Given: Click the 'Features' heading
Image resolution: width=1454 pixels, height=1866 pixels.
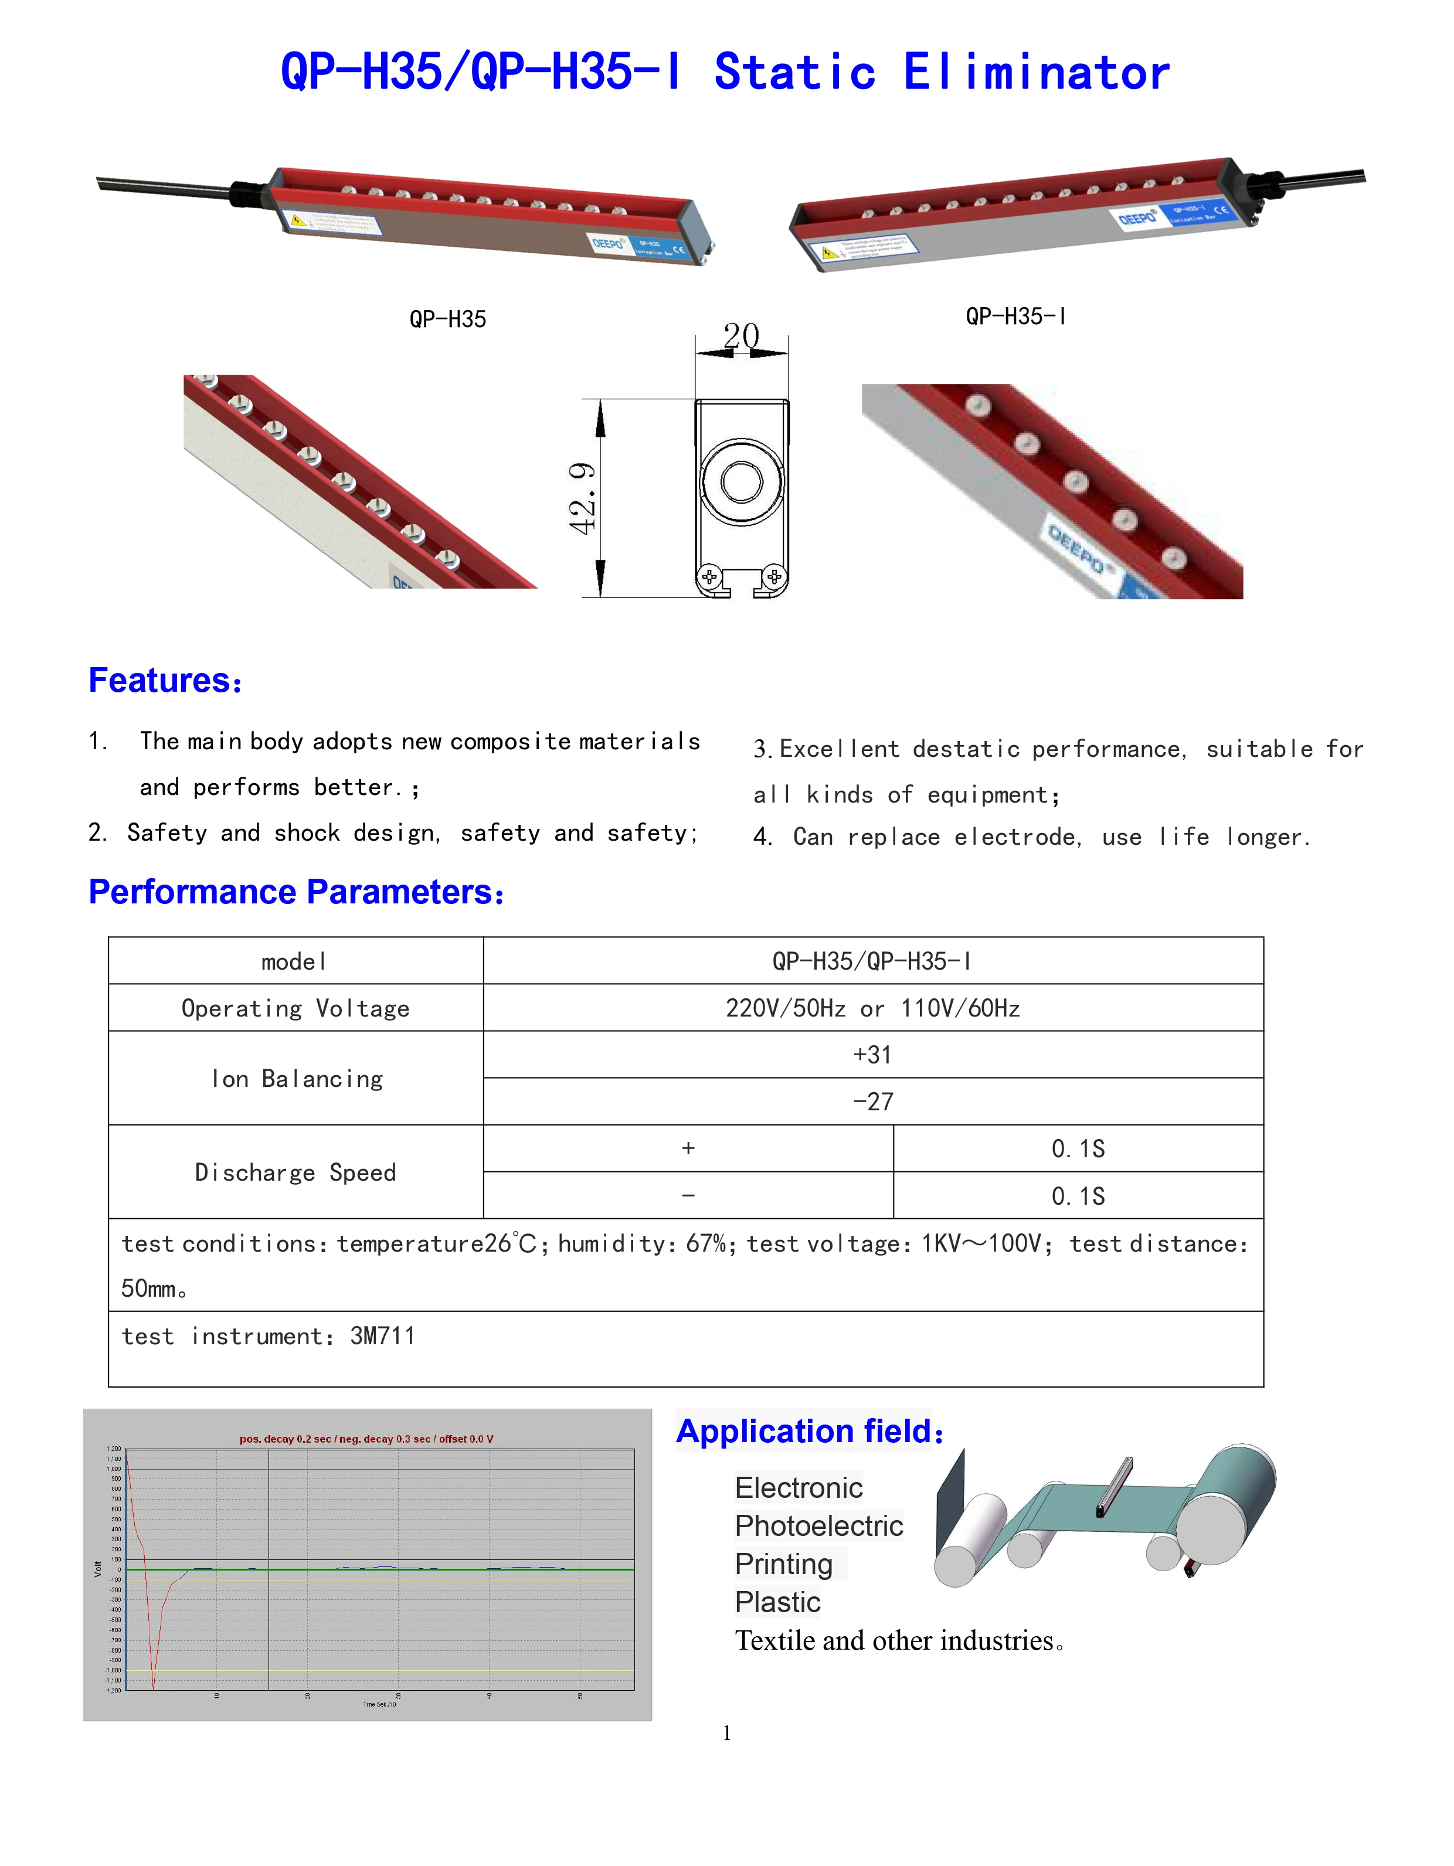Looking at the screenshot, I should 165,681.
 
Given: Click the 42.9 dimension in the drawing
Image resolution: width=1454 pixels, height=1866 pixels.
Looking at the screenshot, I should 583,498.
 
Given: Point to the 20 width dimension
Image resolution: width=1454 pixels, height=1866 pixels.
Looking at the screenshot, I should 740,336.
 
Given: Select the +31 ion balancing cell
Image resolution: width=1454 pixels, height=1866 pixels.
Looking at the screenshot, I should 872,1055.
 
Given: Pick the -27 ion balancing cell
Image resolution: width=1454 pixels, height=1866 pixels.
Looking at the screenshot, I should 872,1102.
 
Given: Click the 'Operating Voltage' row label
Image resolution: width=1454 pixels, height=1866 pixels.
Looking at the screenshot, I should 295,1009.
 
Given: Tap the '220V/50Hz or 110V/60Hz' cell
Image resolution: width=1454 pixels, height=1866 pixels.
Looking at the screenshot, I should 872,1009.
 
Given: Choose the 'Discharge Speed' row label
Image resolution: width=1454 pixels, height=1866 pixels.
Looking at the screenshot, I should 295,1172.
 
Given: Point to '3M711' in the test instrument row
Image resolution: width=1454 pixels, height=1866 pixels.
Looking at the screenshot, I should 383,1336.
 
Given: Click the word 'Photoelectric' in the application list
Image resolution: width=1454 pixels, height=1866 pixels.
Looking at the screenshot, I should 818,1526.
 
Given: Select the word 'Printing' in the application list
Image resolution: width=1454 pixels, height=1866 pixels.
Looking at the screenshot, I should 783,1565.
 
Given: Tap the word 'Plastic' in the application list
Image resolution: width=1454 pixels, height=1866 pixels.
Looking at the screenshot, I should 777,1602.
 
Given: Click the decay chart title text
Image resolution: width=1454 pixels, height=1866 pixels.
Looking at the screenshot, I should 366,1440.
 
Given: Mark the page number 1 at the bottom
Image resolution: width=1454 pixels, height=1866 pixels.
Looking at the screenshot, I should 727,1734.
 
